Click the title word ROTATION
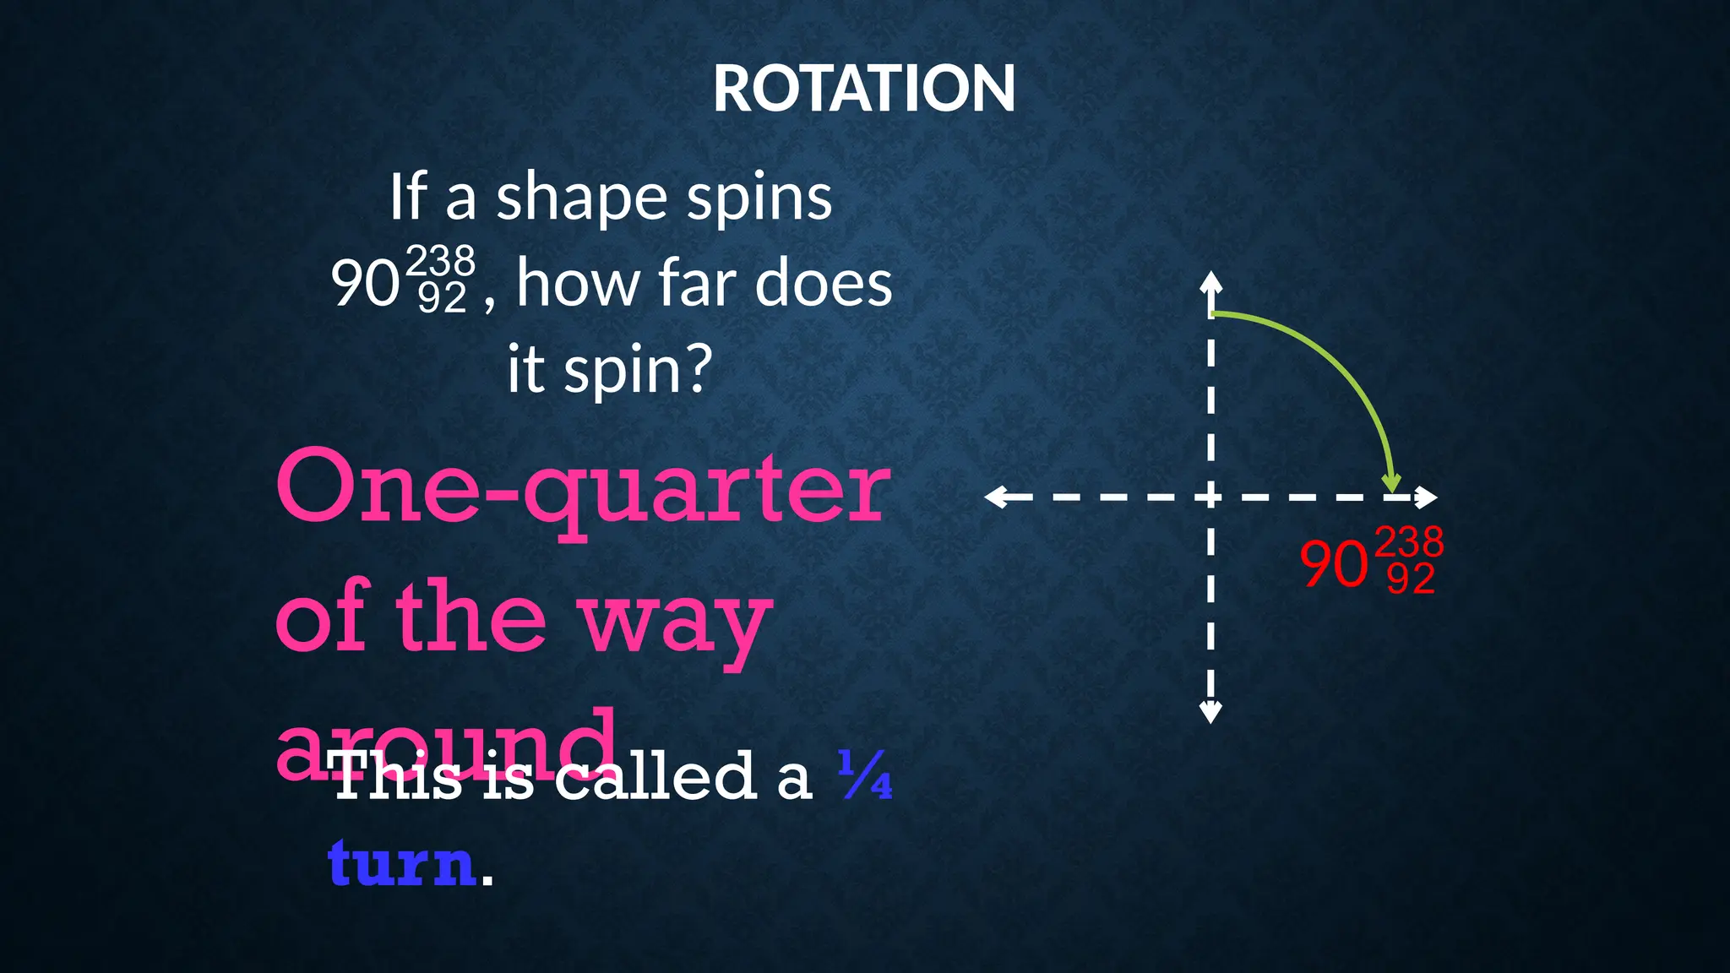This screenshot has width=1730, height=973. (x=863, y=89)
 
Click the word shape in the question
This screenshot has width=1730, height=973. (x=579, y=198)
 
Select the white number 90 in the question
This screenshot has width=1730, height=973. (x=364, y=283)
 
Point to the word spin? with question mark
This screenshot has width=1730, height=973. (x=639, y=369)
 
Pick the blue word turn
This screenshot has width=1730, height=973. (x=401, y=862)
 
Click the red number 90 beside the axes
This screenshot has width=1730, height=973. (x=1333, y=564)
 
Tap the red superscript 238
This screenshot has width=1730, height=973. (x=1408, y=541)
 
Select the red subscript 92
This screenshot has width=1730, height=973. (x=1411, y=579)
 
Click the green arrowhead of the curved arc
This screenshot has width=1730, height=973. (x=1390, y=484)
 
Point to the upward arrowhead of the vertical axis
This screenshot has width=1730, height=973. (x=1210, y=281)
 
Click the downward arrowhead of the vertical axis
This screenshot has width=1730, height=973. (x=1210, y=712)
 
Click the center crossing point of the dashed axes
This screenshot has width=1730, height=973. (x=1210, y=497)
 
